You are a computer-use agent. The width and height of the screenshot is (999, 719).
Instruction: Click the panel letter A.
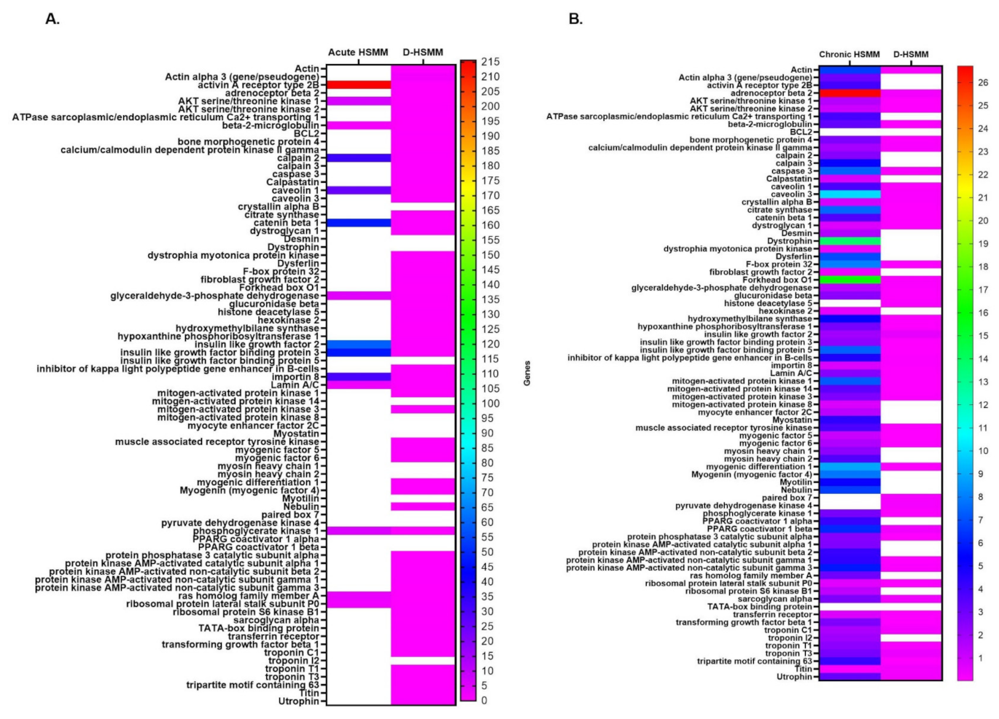pos(53,19)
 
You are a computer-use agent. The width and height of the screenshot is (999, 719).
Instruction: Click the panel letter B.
pos(575,19)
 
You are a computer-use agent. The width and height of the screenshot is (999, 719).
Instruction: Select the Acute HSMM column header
pos(358,52)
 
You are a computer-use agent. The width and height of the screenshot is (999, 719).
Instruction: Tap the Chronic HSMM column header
pos(849,55)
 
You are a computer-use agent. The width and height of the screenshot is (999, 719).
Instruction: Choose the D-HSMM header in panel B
pos(911,55)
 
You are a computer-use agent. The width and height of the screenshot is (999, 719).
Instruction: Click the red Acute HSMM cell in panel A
pos(358,85)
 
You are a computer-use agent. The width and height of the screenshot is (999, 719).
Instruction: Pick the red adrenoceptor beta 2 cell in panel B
pos(849,93)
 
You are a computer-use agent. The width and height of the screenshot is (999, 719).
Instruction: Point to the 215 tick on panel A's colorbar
pos(490,62)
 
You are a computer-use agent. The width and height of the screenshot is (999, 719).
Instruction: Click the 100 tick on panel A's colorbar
pos(490,404)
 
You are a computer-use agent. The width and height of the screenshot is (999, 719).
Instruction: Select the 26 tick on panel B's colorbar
pos(983,82)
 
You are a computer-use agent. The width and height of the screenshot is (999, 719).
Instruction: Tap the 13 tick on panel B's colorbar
pos(983,382)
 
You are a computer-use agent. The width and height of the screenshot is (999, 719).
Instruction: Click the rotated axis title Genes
pos(527,373)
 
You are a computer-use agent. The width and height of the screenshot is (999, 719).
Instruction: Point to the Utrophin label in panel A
pos(298,701)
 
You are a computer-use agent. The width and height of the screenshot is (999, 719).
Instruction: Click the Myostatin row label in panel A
pos(296,433)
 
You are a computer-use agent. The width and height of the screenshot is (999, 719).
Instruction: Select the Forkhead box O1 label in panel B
pos(777,280)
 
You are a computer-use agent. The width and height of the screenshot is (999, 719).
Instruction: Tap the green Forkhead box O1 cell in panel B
pos(849,280)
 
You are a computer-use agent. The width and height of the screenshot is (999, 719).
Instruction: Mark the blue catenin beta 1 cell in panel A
pos(358,223)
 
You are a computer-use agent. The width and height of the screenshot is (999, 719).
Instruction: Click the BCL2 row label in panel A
pos(306,133)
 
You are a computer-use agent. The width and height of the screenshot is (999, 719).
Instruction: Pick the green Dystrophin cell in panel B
pos(849,241)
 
